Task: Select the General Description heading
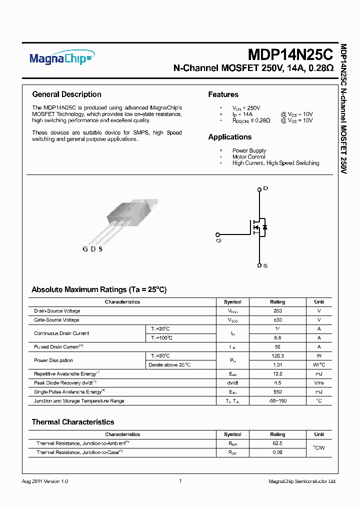tap(66, 94)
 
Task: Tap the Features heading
tap(223, 94)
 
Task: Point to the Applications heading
tap(230, 137)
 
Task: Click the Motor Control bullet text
tap(248, 157)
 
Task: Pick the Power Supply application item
tap(249, 150)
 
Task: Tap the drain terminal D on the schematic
tap(259, 189)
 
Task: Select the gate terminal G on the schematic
tap(217, 234)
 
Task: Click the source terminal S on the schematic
tap(259, 265)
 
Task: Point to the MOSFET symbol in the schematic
tap(258, 227)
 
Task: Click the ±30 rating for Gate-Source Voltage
tap(277, 320)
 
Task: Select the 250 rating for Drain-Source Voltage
tap(277, 311)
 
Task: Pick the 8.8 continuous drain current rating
tap(277, 338)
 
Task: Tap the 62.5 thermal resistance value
tap(277, 443)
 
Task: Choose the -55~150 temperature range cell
tap(277, 401)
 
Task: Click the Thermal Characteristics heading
tap(73, 422)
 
